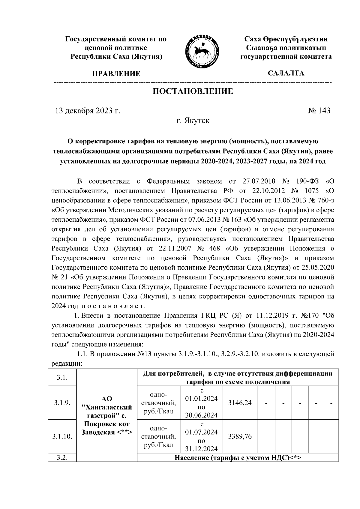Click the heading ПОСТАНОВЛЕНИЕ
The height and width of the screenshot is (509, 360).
pyautogui.click(x=193, y=91)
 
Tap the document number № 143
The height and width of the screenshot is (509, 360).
pyautogui.click(x=319, y=111)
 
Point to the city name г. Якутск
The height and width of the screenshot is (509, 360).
pyautogui.click(x=193, y=121)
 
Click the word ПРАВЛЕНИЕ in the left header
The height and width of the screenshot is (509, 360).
pyautogui.click(x=116, y=73)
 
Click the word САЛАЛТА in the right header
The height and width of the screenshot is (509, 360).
pyautogui.click(x=286, y=73)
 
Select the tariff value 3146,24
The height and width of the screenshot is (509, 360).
pyautogui.click(x=240, y=403)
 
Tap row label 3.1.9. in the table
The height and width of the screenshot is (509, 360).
pyautogui.click(x=62, y=403)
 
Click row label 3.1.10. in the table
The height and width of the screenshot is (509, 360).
pyautogui.click(x=62, y=436)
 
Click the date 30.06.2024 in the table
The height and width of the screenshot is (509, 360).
pyautogui.click(x=201, y=415)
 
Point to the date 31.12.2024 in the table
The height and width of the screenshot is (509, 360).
pyautogui.click(x=201, y=449)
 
